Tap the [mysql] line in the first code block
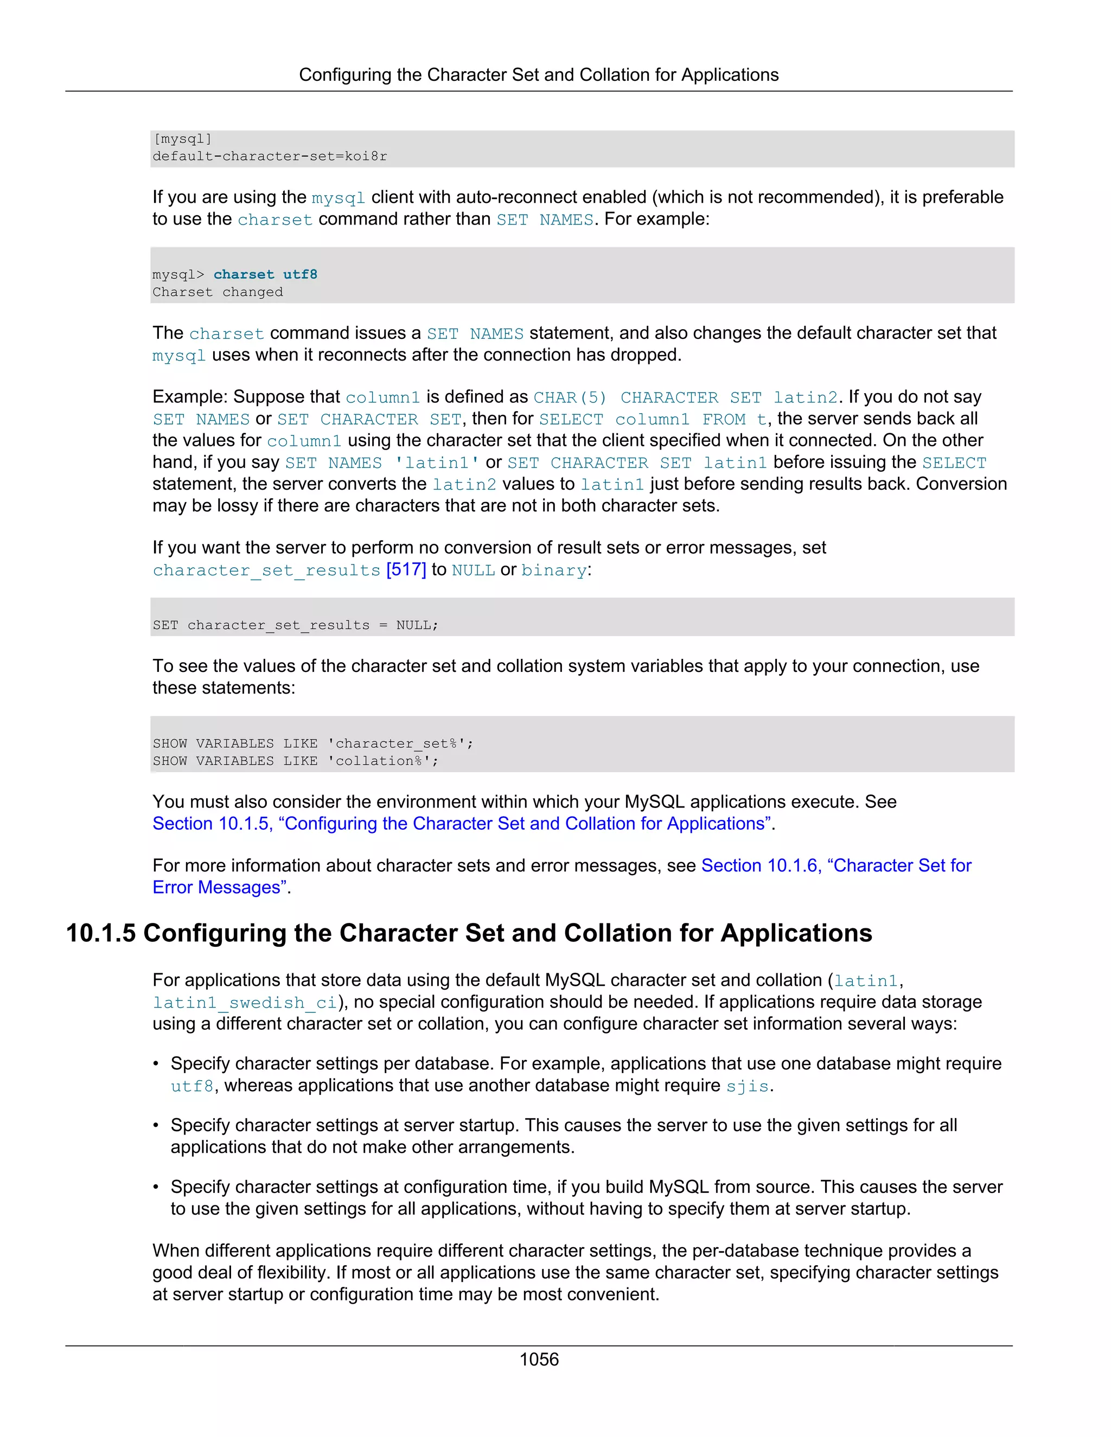(x=182, y=139)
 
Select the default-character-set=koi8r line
(x=270, y=157)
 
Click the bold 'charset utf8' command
(x=265, y=274)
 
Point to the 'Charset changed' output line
(x=218, y=292)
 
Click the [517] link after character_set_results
(x=406, y=570)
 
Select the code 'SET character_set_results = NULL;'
(x=296, y=625)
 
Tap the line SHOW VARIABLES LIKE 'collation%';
(x=296, y=761)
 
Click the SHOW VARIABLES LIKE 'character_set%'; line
(x=312, y=743)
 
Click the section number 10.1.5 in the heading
(x=101, y=934)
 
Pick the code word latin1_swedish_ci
(x=245, y=1003)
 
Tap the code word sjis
(x=747, y=1086)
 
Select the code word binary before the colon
(x=553, y=570)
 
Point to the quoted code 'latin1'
(x=436, y=463)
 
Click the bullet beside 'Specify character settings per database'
(x=156, y=1064)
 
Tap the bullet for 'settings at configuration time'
(x=156, y=1187)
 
